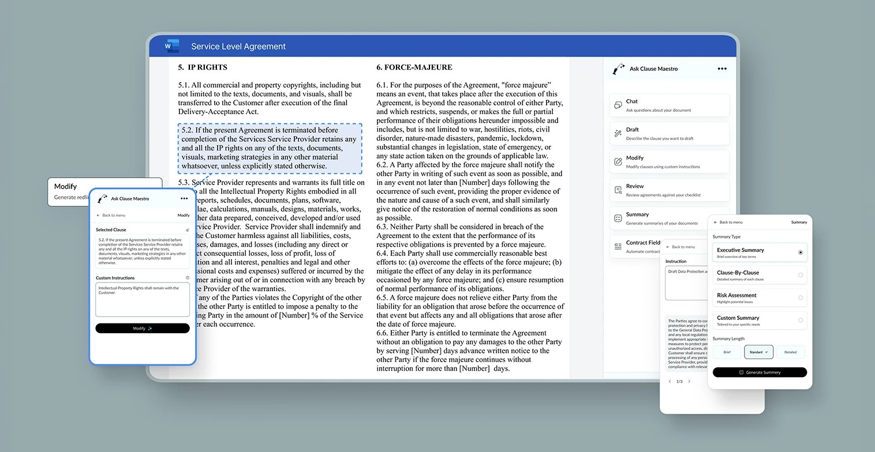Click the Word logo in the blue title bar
pyautogui.click(x=171, y=46)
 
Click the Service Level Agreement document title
pyautogui.click(x=238, y=47)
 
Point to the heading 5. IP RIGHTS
pyautogui.click(x=203, y=67)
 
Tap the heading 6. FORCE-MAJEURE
pyautogui.click(x=414, y=67)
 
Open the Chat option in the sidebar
pyautogui.click(x=669, y=105)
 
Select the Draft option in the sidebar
pyautogui.click(x=669, y=133)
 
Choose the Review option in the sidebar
pyautogui.click(x=669, y=190)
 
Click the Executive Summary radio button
pyautogui.click(x=800, y=253)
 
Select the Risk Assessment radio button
pyautogui.click(x=800, y=297)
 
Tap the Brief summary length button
pyautogui.click(x=727, y=352)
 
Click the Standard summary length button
pyautogui.click(x=758, y=352)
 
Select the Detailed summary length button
pyautogui.click(x=790, y=352)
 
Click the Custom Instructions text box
pyautogui.click(x=142, y=300)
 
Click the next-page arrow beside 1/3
pyautogui.click(x=689, y=382)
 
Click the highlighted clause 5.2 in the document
pyautogui.click(x=270, y=148)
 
